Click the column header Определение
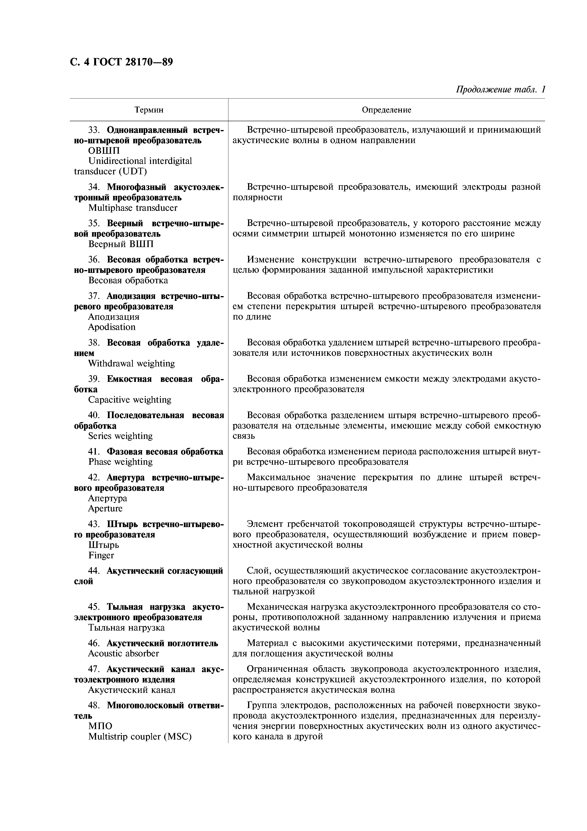point(386,110)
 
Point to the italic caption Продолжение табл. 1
point(500,89)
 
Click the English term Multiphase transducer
point(133,208)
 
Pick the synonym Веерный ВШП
point(121,244)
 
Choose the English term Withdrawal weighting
point(131,363)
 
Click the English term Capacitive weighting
point(129,400)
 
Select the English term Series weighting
point(120,436)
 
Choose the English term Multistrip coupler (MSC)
point(140,736)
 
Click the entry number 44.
point(94,571)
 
